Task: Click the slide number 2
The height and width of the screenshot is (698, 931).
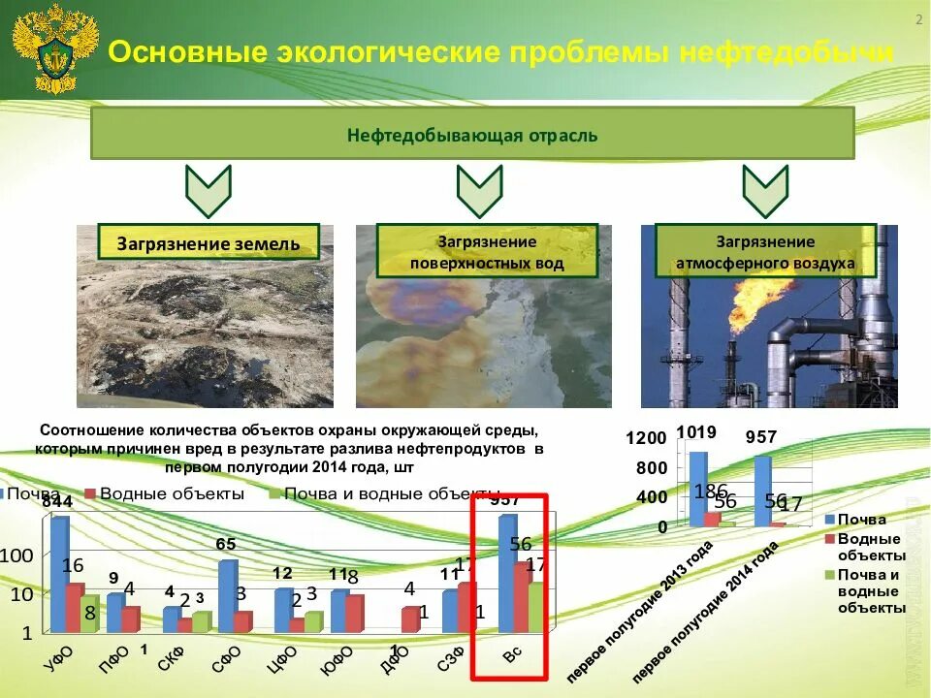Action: click(917, 22)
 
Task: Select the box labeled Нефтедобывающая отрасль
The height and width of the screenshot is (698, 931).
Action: click(472, 134)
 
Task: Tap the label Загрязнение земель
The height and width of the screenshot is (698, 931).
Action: click(209, 242)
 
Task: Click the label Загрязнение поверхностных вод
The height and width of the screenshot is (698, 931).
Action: click(486, 252)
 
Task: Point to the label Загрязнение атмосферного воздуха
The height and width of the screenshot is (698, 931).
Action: click(765, 252)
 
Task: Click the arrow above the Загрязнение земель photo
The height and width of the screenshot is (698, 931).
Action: click(209, 191)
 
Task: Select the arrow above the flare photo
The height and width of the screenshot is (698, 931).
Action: click(765, 191)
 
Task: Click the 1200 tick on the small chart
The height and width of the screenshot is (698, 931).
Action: click(646, 438)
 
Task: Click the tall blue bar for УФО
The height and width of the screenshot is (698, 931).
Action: click(60, 572)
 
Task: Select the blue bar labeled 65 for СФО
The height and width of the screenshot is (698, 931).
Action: click(227, 593)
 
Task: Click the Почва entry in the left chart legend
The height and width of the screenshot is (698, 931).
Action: click(35, 493)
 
